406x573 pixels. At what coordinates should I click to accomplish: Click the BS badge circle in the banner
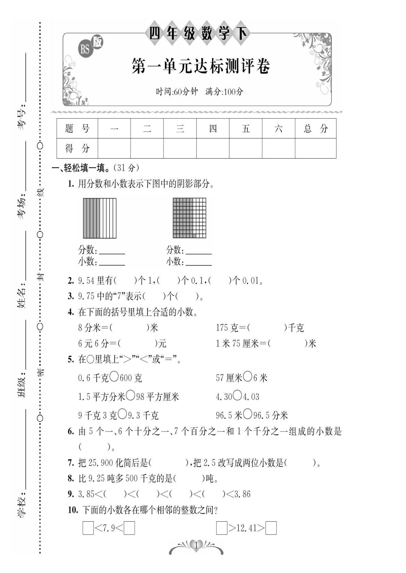[85, 50]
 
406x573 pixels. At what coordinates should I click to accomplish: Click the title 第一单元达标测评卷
[200, 66]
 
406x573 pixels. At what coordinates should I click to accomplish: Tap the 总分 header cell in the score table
[315, 129]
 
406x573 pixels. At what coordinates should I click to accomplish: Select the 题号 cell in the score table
[77, 129]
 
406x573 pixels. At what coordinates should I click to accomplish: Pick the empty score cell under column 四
[213, 148]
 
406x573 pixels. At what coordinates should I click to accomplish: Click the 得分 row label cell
[77, 148]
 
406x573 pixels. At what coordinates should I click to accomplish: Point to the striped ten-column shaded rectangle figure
[100, 218]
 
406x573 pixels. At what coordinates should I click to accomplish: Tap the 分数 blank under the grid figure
[199, 252]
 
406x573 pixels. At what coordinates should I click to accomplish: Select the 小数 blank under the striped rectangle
[112, 263]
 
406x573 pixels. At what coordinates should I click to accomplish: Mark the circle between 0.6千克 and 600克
[115, 377]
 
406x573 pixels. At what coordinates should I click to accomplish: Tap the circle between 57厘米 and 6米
[248, 377]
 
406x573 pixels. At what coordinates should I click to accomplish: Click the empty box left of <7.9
[88, 528]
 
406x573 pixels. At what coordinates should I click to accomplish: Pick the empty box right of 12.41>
[271, 528]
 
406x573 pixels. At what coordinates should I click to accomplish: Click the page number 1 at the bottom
[196, 545]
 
